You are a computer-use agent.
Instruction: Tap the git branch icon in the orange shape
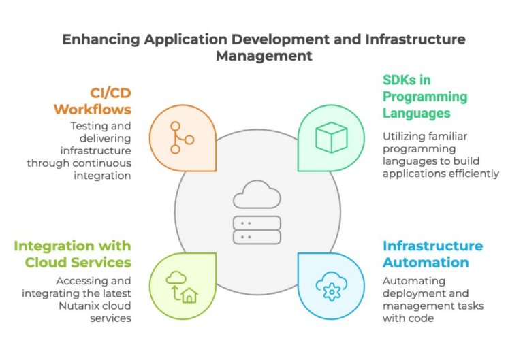point(180,136)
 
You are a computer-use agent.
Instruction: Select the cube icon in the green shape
point(332,137)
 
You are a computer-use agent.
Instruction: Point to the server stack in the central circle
point(256,229)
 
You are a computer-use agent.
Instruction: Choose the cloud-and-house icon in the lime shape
point(182,286)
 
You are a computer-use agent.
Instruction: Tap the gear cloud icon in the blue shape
point(332,287)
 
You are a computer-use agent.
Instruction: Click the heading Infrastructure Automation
point(432,254)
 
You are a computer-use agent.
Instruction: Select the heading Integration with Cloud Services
point(72,254)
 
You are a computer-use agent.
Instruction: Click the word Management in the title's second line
point(264,56)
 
